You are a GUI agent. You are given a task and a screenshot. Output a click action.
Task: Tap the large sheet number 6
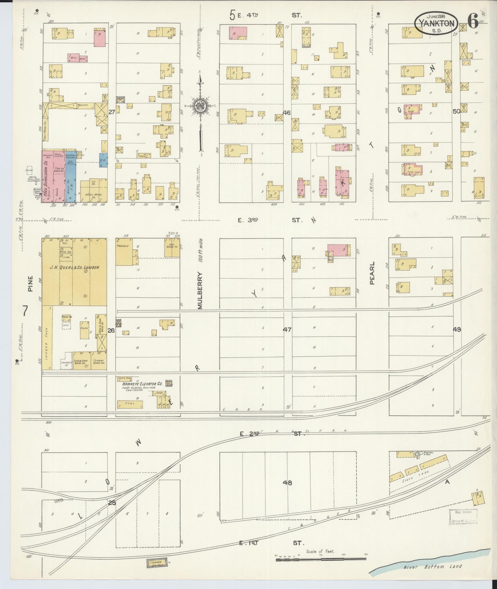pyautogui.click(x=473, y=21)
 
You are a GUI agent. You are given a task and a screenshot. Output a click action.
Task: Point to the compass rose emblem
pyautogui.click(x=201, y=106)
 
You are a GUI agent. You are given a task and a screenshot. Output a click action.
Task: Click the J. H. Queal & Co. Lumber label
pyautogui.click(x=74, y=267)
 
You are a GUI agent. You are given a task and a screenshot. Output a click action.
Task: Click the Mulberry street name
pyautogui.click(x=200, y=290)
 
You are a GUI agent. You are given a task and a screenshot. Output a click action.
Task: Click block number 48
pyautogui.click(x=287, y=483)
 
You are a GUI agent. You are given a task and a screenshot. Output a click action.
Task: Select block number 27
pyautogui.click(x=112, y=112)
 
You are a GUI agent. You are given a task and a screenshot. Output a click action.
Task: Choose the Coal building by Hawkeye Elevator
pyautogui.click(x=130, y=405)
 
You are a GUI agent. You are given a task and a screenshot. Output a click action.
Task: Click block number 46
pyautogui.click(x=286, y=112)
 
